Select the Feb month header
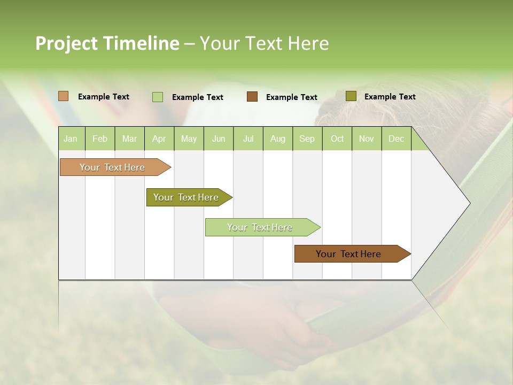(100, 138)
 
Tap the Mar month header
(129, 138)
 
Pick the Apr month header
(159, 138)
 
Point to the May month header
(189, 138)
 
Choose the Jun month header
(219, 138)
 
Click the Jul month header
(248, 138)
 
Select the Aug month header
(278, 138)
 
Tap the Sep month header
(307, 138)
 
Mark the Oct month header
(337, 138)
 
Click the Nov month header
(367, 138)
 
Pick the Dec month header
(397, 138)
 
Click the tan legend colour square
(64, 96)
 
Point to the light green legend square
(158, 97)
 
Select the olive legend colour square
(351, 96)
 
